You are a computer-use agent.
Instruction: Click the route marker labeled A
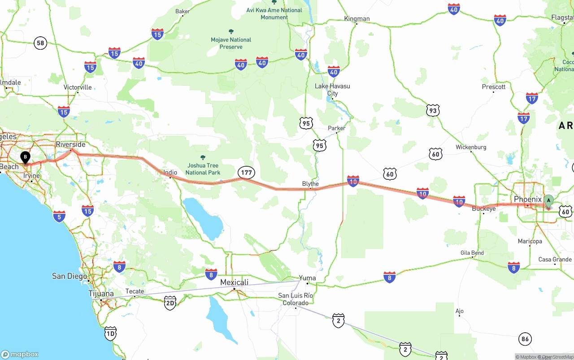tap(548, 201)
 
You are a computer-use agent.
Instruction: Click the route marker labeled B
tap(26, 157)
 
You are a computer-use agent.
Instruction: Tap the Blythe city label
tap(310, 184)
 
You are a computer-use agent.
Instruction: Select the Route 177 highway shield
tap(246, 173)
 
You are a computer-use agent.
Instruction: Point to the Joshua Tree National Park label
tap(203, 169)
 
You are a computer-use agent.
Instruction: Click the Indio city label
tap(170, 172)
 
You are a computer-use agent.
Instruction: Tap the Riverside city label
tap(70, 144)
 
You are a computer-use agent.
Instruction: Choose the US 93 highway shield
tap(432, 110)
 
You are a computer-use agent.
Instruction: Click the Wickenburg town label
tap(471, 147)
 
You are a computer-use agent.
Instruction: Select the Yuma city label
tap(307, 278)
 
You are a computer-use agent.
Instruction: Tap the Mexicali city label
tap(234, 282)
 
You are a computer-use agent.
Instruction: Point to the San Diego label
tap(70, 276)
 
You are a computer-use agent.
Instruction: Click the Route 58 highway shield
tap(40, 43)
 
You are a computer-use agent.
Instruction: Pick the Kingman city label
tap(357, 18)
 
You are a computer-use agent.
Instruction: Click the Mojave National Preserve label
tap(231, 43)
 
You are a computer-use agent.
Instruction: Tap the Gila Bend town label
tap(472, 253)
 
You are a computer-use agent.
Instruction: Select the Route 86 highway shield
tap(525, 339)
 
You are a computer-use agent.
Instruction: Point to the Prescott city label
tap(494, 87)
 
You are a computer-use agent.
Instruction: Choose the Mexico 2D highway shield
tap(170, 303)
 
